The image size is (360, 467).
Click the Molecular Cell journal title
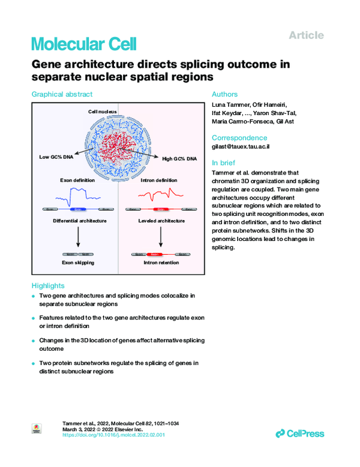coord(83,44)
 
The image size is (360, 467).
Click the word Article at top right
coord(306,35)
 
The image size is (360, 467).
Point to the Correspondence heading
coord(239,137)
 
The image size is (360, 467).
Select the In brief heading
coord(223,162)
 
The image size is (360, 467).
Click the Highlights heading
coord(47,285)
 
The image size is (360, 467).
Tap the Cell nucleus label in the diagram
coord(102,112)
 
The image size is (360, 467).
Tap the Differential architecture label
coord(78,221)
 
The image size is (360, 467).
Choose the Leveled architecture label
coord(161,221)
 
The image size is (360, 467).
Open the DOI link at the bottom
coord(113,435)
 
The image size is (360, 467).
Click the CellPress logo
coord(300,433)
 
